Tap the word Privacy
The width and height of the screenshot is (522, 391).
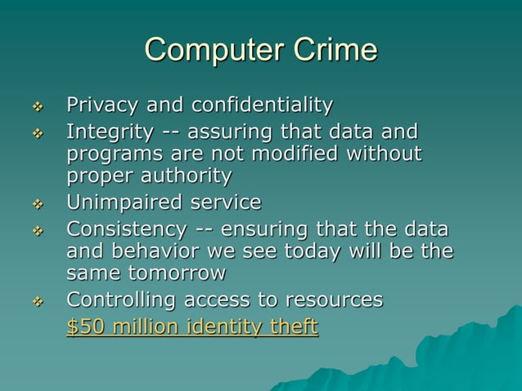pyautogui.click(x=101, y=106)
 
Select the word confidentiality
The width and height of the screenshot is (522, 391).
pyautogui.click(x=262, y=106)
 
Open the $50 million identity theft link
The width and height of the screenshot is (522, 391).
pyautogui.click(x=191, y=327)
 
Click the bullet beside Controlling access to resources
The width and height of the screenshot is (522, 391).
pyautogui.click(x=35, y=301)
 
